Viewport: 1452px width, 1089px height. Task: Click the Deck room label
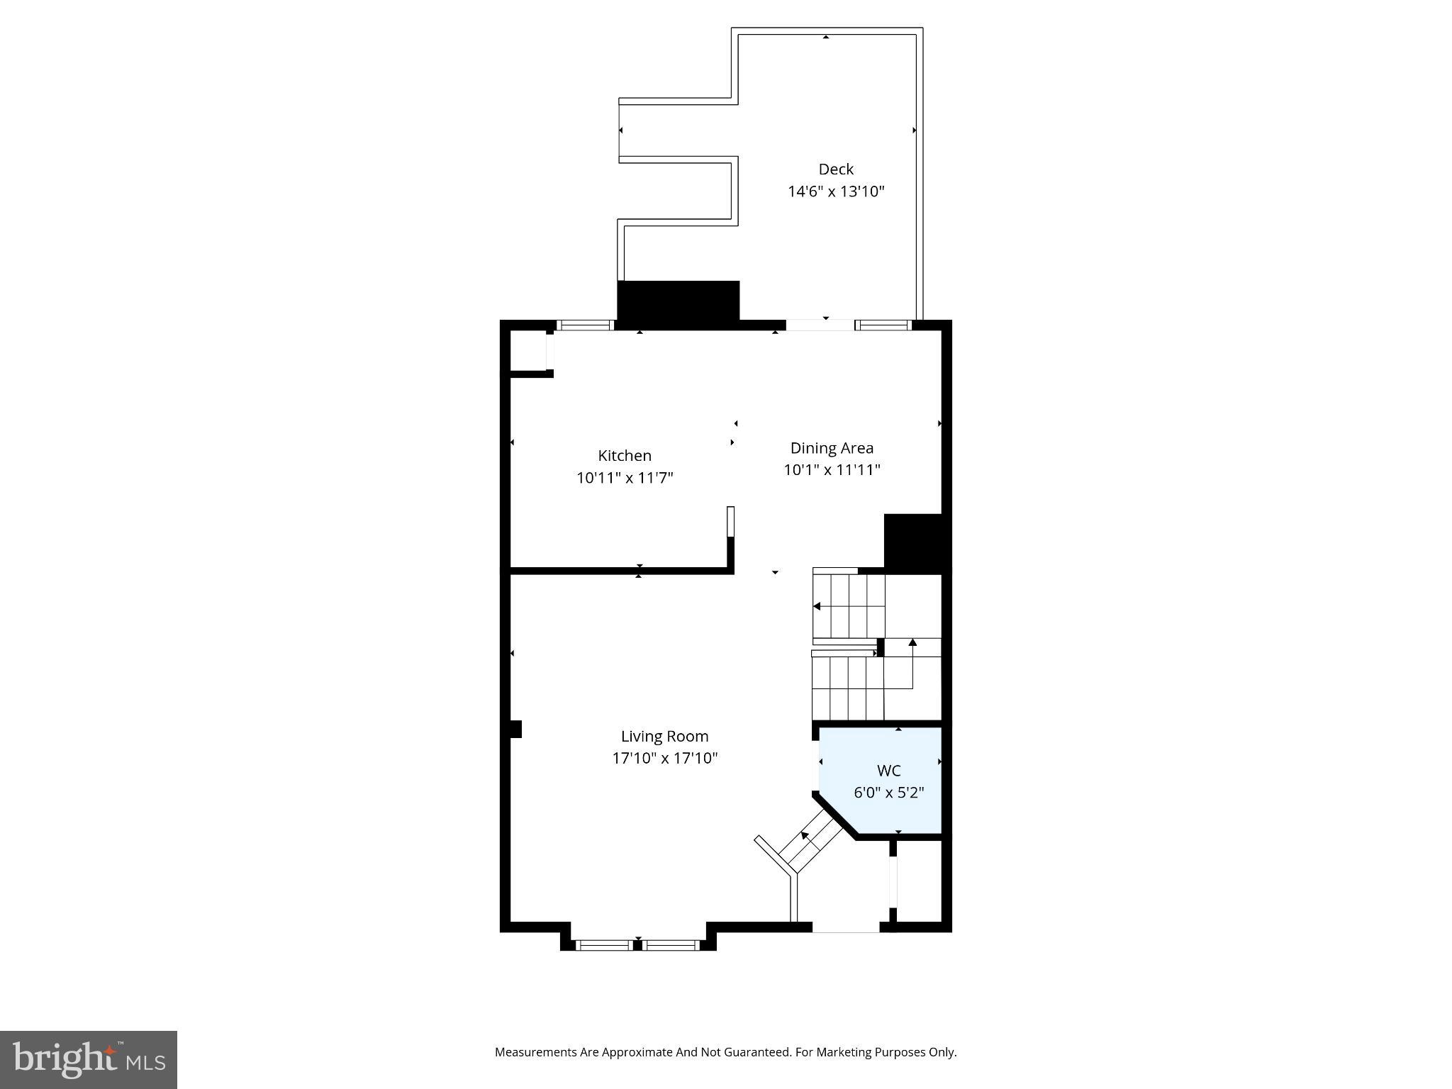pyautogui.click(x=836, y=169)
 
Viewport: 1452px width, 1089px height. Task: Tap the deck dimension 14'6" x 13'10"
pyautogui.click(x=836, y=191)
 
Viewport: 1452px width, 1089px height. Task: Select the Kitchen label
pyautogui.click(x=624, y=456)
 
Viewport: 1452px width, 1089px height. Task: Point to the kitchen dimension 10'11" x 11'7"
pyautogui.click(x=624, y=478)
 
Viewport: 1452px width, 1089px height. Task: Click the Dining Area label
pyautogui.click(x=832, y=448)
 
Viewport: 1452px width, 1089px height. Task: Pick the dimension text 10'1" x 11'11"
pyautogui.click(x=832, y=470)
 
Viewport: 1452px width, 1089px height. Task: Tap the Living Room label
pyautogui.click(x=664, y=737)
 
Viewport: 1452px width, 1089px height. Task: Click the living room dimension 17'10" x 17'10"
pyautogui.click(x=664, y=759)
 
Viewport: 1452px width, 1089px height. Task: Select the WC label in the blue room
pyautogui.click(x=888, y=771)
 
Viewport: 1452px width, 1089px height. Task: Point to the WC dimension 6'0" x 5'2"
pyautogui.click(x=888, y=793)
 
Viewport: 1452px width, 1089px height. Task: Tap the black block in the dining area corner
pyautogui.click(x=912, y=542)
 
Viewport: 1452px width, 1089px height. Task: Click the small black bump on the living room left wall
pyautogui.click(x=516, y=729)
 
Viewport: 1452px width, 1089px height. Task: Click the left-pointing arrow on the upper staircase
pyautogui.click(x=817, y=606)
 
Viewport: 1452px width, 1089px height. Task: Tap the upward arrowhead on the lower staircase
pyautogui.click(x=912, y=642)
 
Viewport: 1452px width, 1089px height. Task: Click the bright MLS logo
pyautogui.click(x=89, y=1059)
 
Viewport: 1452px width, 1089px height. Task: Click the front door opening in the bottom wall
pyautogui.click(x=846, y=927)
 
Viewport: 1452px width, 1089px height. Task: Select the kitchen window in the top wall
pyautogui.click(x=585, y=325)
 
